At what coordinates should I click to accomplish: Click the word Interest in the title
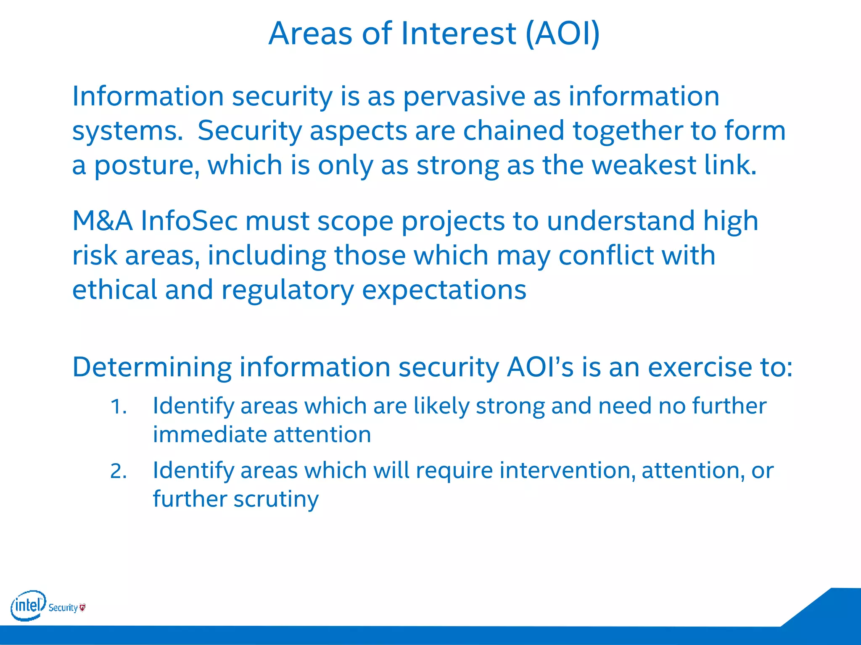point(458,34)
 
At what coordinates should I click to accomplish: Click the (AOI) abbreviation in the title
point(563,34)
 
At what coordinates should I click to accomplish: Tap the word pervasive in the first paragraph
point(464,97)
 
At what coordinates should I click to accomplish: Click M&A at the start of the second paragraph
point(103,221)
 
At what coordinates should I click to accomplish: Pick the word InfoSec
point(189,221)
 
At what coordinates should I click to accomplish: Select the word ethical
point(114,290)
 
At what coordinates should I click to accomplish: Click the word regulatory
point(288,291)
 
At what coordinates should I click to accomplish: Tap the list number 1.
point(118,407)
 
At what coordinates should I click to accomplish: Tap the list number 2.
point(118,471)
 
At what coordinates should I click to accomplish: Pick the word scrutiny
point(276,500)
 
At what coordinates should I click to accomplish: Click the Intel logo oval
point(28,606)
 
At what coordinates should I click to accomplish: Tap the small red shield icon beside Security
point(82,607)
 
